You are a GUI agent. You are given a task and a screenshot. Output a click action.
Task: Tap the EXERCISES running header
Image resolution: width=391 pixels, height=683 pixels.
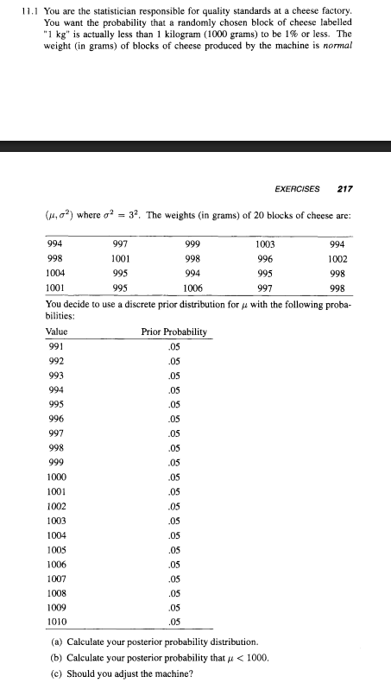coord(297,188)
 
